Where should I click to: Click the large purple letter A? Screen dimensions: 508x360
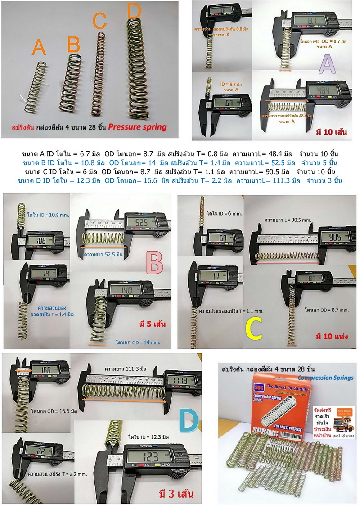[x=327, y=66]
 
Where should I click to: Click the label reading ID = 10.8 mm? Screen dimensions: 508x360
[x=48, y=216]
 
